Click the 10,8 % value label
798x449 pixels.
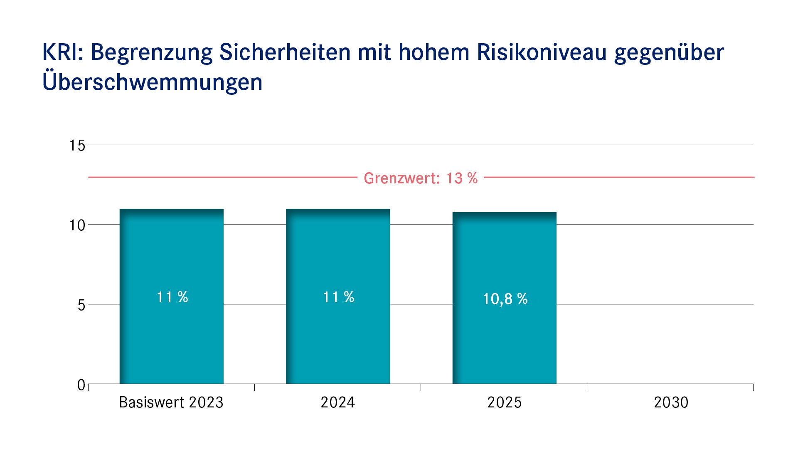pos(505,299)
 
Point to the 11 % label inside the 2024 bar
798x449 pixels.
pos(338,297)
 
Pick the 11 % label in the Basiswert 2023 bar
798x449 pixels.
pos(172,297)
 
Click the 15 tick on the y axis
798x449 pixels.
pos(77,146)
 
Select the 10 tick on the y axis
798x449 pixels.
pos(77,225)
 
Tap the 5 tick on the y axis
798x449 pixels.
pos(81,305)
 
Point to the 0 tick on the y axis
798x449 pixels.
pos(81,385)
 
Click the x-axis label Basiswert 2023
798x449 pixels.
pos(171,402)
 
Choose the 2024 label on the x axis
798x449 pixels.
pos(337,402)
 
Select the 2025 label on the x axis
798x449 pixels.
pos(504,402)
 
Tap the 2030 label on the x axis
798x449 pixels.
pos(671,402)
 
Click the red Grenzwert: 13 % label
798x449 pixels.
pos(421,178)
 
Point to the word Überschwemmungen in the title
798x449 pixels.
pos(153,82)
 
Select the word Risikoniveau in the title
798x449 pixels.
pos(542,53)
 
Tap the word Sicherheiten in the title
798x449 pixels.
pos(285,53)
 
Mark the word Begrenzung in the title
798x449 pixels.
pos(151,53)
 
